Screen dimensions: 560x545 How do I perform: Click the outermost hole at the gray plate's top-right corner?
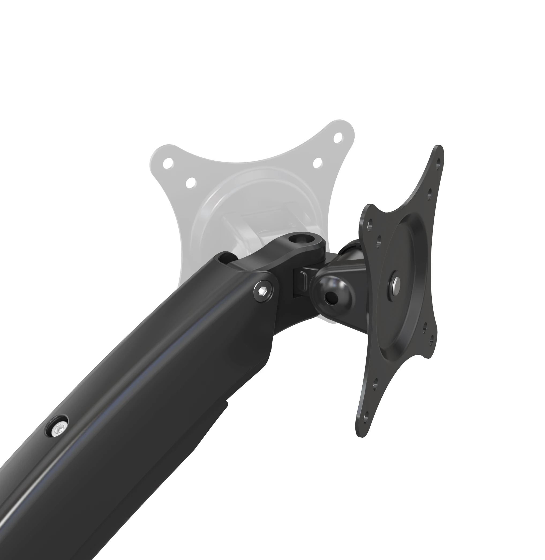[339, 138]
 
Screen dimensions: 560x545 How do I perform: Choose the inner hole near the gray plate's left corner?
[190, 182]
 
